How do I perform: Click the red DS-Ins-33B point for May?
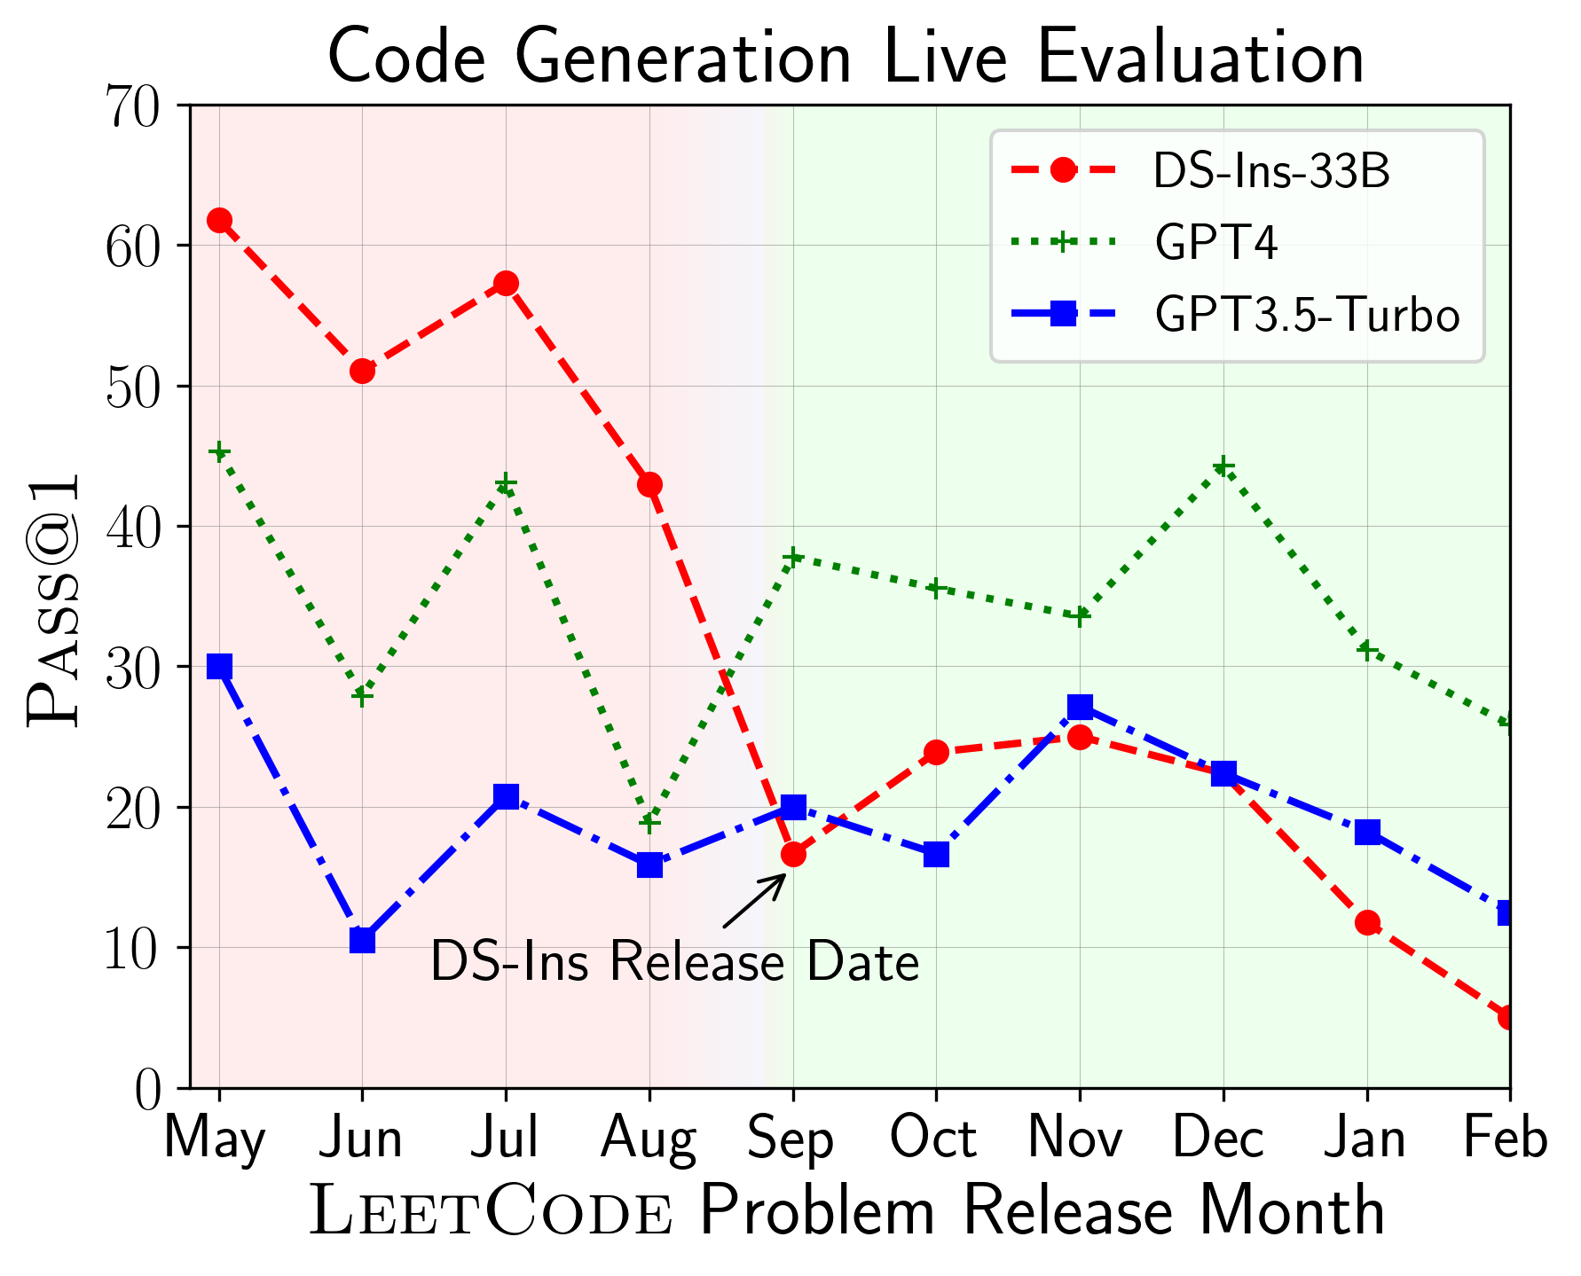[x=219, y=220]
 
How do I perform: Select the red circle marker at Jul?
[x=506, y=284]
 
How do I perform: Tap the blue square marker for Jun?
[x=362, y=940]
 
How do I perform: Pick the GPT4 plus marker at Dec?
[x=1223, y=467]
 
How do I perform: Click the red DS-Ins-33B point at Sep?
[x=793, y=855]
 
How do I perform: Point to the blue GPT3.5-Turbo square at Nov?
[x=1080, y=707]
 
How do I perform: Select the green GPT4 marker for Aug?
[x=649, y=823]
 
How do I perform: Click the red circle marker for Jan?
[x=1367, y=923]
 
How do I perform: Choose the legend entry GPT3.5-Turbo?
[x=1307, y=315]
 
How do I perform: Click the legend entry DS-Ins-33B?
[x=1271, y=172]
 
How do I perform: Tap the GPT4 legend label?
[x=1215, y=243]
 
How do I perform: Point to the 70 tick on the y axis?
[x=134, y=106]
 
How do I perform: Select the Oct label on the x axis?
[x=934, y=1139]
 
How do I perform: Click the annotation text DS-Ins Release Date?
[x=674, y=963]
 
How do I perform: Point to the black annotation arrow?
[x=755, y=900]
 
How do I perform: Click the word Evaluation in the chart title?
[x=1200, y=59]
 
